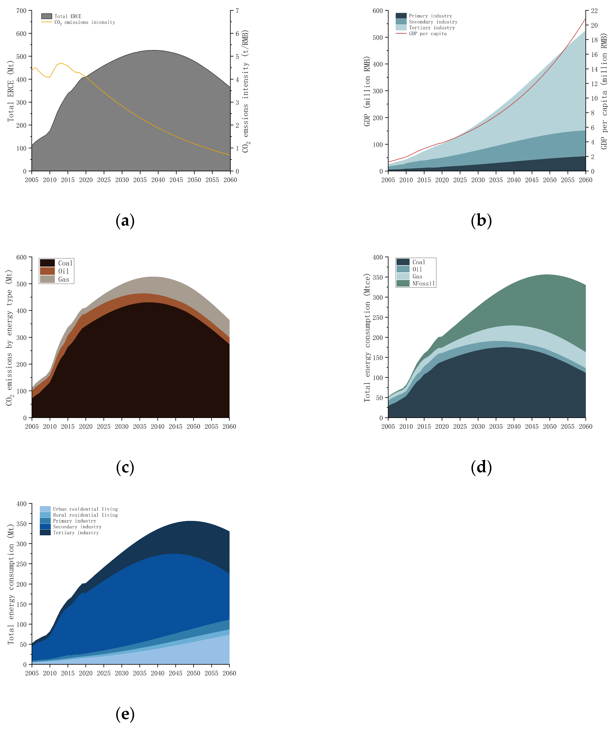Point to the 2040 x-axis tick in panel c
[158, 426]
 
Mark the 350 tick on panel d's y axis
[378, 278]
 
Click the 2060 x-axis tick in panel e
[229, 673]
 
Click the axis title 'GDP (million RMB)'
[367, 91]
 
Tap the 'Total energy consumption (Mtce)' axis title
[367, 338]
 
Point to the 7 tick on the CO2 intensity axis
[237, 11]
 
